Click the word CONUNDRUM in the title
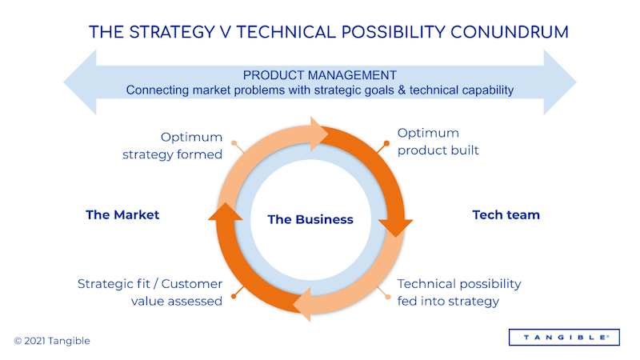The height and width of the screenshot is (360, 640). [x=510, y=32]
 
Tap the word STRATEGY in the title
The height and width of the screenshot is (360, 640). [x=172, y=32]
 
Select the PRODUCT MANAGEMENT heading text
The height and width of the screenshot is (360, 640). [x=319, y=75]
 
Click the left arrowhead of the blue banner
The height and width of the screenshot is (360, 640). [x=80, y=82]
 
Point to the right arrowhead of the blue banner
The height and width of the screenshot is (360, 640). [x=560, y=82]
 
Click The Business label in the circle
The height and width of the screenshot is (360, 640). [x=310, y=219]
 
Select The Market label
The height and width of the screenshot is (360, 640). [x=122, y=214]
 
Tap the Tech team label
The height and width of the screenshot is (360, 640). [x=506, y=214]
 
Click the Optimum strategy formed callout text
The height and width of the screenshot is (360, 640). [x=172, y=146]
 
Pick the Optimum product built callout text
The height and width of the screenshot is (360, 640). [x=438, y=142]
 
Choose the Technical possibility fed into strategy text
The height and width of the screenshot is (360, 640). [x=459, y=292]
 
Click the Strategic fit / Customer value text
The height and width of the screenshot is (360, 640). [x=150, y=292]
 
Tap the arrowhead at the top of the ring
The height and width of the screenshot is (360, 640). [x=318, y=134]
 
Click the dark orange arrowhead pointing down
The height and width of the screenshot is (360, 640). [x=395, y=227]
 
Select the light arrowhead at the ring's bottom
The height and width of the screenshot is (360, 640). [x=302, y=304]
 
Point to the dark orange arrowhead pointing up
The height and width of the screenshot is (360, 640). [x=226, y=211]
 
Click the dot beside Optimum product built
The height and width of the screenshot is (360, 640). [x=386, y=143]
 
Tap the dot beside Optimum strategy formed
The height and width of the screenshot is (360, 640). [x=234, y=143]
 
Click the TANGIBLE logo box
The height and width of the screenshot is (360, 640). [x=564, y=337]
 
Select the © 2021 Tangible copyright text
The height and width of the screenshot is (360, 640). [x=52, y=341]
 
